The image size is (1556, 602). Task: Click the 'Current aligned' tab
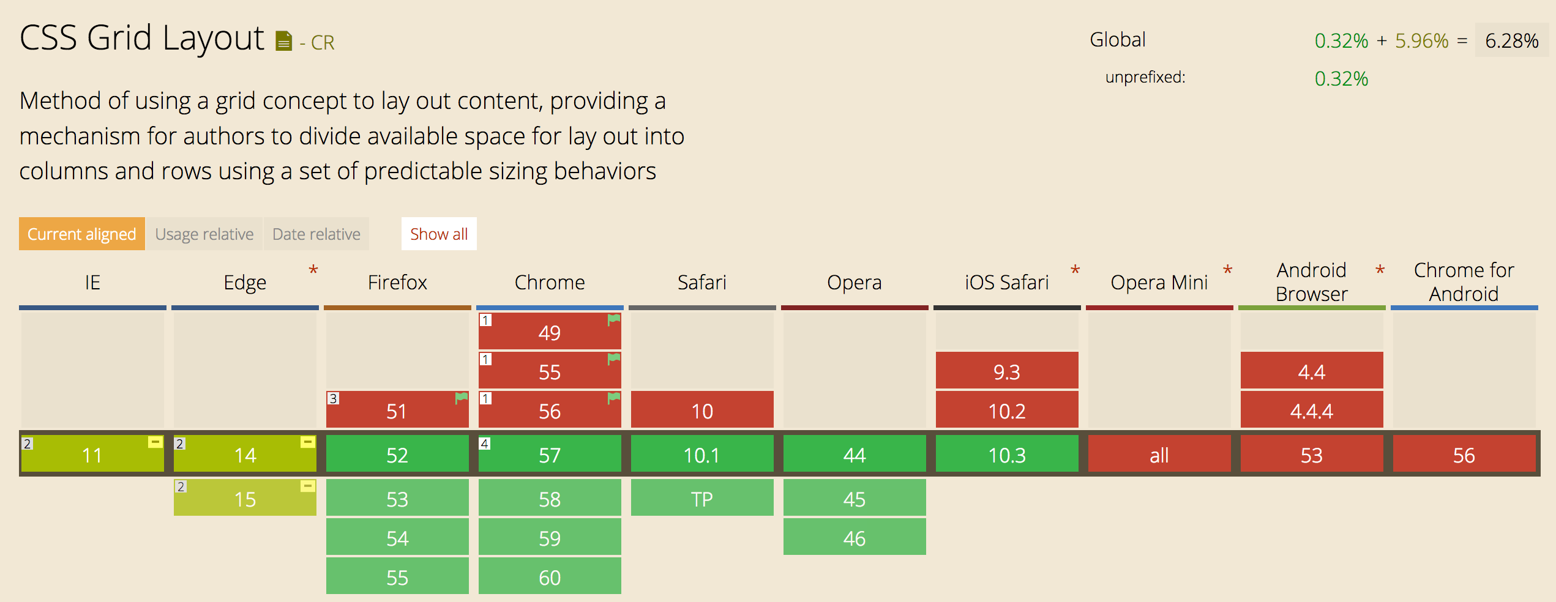pyautogui.click(x=82, y=234)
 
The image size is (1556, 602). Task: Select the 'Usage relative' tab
pyautogui.click(x=204, y=234)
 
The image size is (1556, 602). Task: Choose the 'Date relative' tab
pyautogui.click(x=316, y=234)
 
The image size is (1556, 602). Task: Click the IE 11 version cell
pyautogui.click(x=92, y=455)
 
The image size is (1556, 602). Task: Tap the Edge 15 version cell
pyautogui.click(x=245, y=499)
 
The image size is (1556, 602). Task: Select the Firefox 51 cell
pyautogui.click(x=397, y=411)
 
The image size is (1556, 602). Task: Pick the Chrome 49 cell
pyautogui.click(x=550, y=332)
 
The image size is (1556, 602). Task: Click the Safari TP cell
pyautogui.click(x=702, y=499)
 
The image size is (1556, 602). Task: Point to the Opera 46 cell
pyautogui.click(x=855, y=538)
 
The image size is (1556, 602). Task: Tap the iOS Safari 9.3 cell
pyautogui.click(x=1007, y=371)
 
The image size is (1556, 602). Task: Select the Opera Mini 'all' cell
pyautogui.click(x=1159, y=455)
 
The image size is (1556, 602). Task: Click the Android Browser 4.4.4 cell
pyautogui.click(x=1312, y=411)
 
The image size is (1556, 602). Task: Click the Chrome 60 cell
pyautogui.click(x=550, y=577)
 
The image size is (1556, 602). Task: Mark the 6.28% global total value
pyautogui.click(x=1511, y=40)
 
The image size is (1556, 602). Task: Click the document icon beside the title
pyautogui.click(x=283, y=41)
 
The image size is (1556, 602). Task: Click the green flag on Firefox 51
pyautogui.click(x=462, y=398)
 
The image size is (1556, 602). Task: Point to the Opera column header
pyautogui.click(x=855, y=282)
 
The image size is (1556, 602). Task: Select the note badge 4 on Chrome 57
pyautogui.click(x=485, y=444)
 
